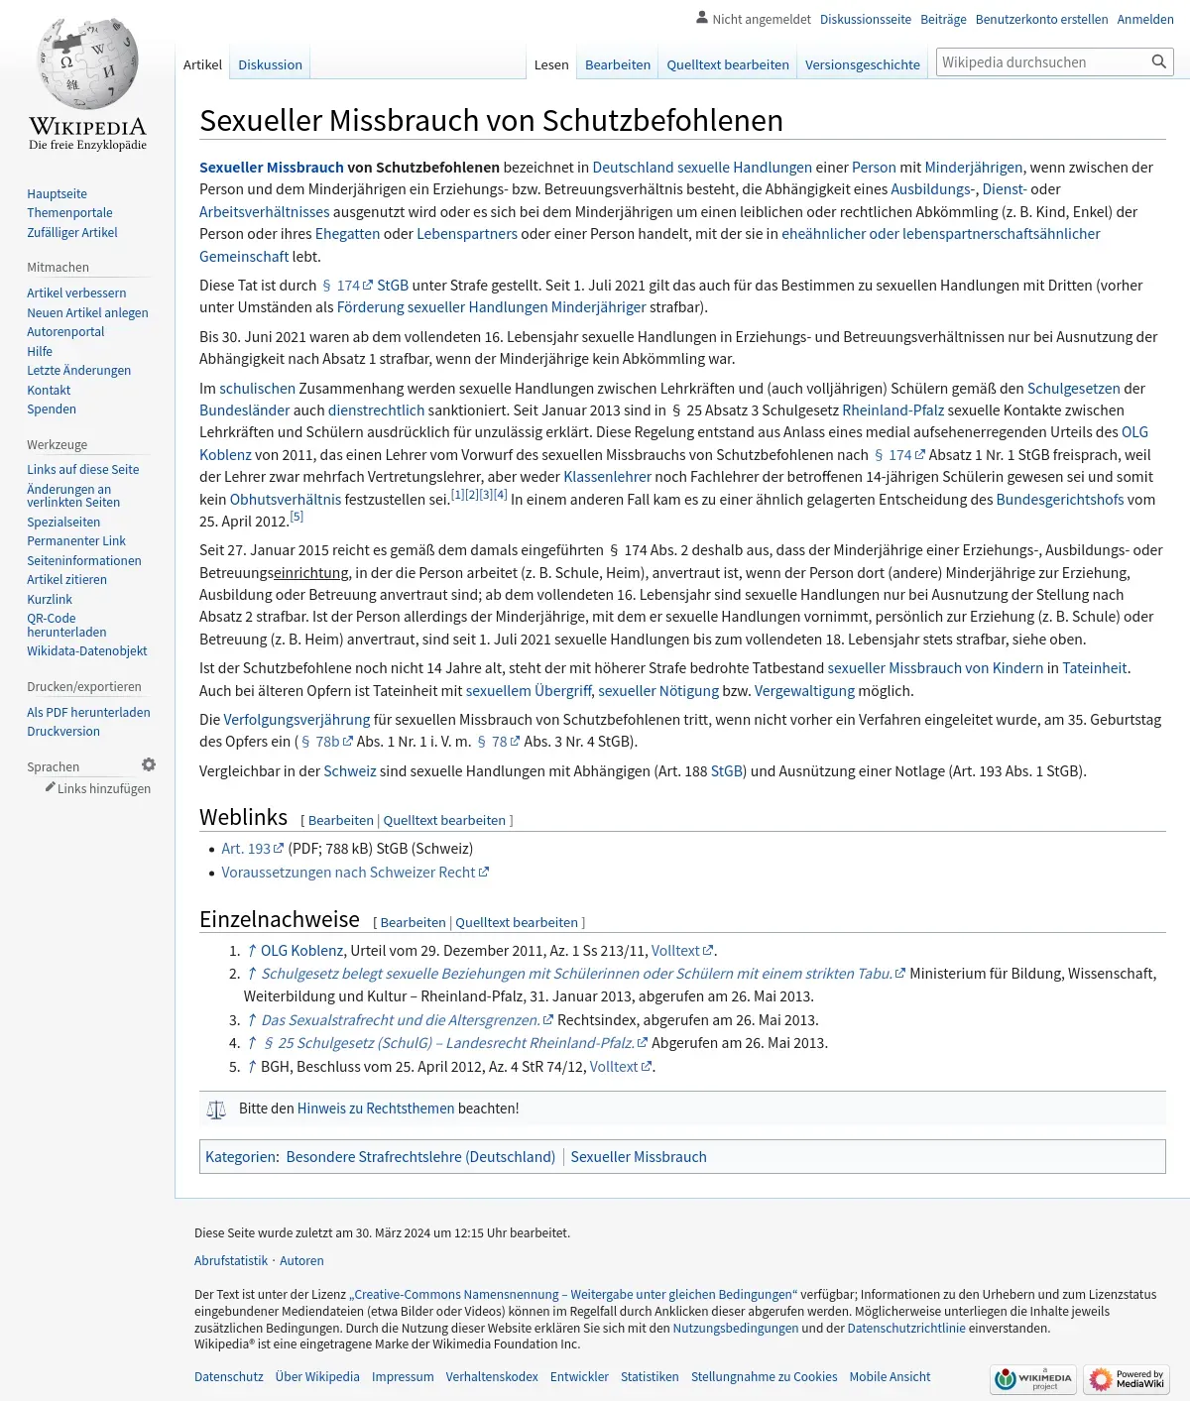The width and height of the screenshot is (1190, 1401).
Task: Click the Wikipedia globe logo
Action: (87, 65)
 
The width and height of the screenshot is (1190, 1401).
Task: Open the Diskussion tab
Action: (270, 64)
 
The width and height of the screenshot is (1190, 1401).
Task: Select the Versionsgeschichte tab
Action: (862, 64)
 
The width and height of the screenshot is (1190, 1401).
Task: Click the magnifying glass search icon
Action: (1158, 62)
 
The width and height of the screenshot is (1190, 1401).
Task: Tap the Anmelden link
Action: (1144, 19)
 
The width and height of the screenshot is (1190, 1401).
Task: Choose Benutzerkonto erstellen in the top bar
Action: (1041, 19)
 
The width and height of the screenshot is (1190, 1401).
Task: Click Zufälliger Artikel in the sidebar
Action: (72, 232)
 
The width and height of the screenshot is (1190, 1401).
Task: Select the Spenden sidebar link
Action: (52, 409)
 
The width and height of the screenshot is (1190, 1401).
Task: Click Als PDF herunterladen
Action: (88, 712)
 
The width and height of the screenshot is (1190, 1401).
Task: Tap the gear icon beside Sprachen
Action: (149, 764)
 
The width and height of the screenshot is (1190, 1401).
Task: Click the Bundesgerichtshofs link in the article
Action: (1059, 499)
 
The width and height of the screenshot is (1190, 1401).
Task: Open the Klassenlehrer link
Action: (607, 476)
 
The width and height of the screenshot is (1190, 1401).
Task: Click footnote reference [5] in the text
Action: (297, 517)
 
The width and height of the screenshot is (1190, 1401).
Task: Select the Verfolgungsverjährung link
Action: (297, 719)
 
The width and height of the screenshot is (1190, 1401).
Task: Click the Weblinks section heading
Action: (243, 817)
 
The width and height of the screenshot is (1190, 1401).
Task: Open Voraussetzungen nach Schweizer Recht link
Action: (348, 872)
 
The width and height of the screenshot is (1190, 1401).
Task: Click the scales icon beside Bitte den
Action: (216, 1109)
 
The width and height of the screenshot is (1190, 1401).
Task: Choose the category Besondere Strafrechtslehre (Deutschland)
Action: (420, 1156)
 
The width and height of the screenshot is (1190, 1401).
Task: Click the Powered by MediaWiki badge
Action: (1127, 1378)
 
